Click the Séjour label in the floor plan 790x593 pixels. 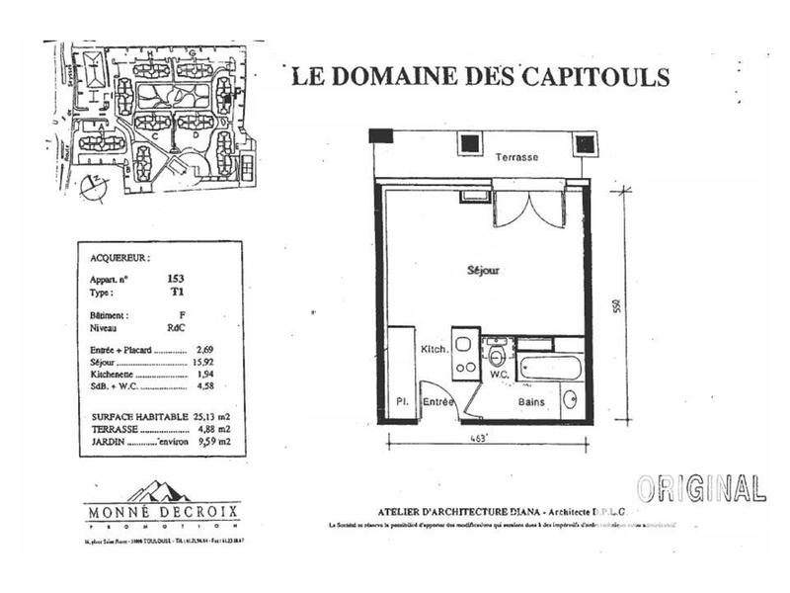point(483,270)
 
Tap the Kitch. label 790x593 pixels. point(435,350)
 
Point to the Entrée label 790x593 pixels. point(439,403)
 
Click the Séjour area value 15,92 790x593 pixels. point(203,364)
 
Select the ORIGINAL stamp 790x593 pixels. point(701,487)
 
